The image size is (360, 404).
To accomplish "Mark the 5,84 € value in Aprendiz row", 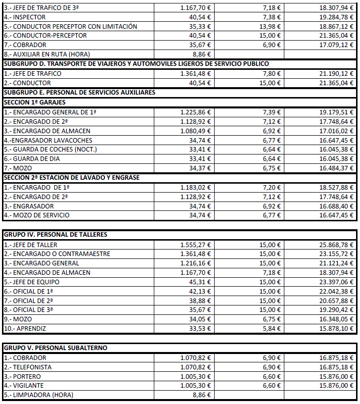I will (x=272, y=328).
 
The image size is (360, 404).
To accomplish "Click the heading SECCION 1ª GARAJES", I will (x=35, y=102).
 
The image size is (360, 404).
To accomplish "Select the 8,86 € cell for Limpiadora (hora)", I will (x=201, y=395).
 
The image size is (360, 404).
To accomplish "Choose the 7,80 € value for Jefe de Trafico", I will (x=272, y=73).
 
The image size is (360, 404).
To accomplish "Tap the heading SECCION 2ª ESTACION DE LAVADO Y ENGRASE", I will (x=71, y=177).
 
